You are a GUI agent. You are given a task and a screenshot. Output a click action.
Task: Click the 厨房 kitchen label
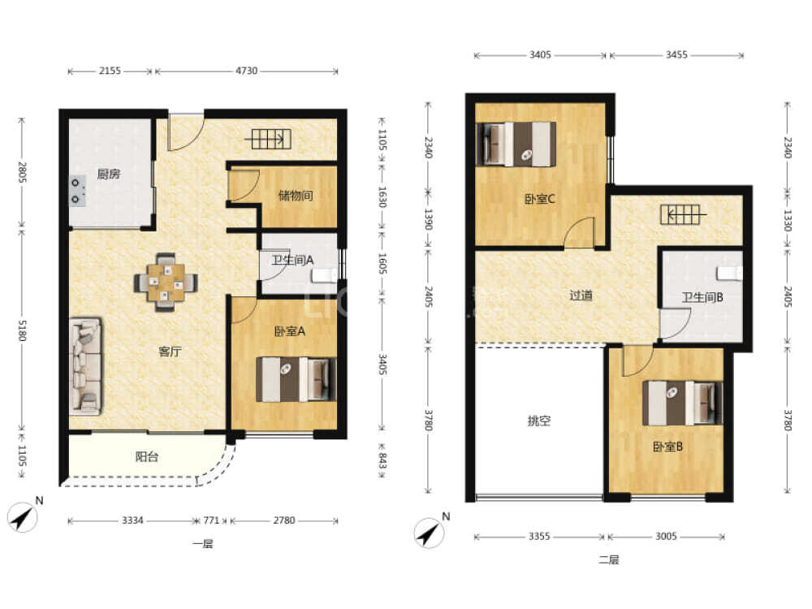click(109, 174)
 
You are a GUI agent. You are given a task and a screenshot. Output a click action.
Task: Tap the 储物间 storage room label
click(296, 196)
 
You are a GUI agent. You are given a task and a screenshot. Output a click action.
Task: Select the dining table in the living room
click(166, 283)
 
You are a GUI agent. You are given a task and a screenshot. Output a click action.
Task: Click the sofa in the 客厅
click(86, 366)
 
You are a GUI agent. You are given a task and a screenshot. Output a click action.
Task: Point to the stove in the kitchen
click(78, 191)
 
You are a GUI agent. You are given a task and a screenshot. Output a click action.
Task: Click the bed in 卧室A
click(296, 379)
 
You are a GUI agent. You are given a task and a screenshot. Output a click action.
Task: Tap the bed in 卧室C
click(516, 144)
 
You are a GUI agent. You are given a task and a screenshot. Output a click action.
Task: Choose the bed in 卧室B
click(683, 404)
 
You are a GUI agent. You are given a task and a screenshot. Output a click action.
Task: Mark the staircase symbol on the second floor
click(680, 214)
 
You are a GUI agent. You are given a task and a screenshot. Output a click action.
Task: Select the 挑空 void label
click(538, 421)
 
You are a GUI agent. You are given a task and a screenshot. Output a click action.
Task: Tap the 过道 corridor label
click(581, 296)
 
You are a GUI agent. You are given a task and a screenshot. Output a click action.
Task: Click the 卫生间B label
click(702, 297)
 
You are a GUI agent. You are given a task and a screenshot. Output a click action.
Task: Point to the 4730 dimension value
click(247, 71)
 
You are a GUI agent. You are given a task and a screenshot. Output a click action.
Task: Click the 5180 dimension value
click(22, 330)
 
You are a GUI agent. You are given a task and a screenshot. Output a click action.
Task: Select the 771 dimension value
click(211, 520)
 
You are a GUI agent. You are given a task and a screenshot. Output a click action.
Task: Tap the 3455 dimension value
click(676, 54)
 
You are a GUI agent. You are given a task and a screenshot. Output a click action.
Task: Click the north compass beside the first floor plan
click(23, 516)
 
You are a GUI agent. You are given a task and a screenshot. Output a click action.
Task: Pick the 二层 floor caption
click(608, 559)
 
